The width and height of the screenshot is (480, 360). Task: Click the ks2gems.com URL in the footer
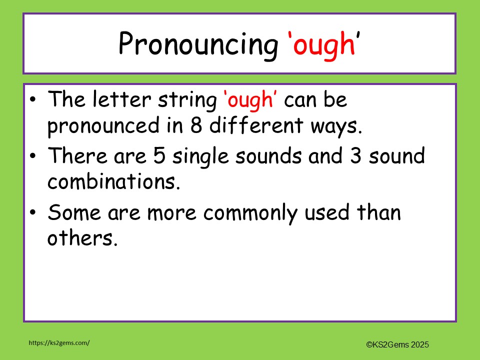click(59, 342)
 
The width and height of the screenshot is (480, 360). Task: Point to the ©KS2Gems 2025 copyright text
click(397, 344)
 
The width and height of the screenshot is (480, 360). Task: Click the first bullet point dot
click(33, 100)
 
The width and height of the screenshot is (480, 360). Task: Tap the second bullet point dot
click(33, 156)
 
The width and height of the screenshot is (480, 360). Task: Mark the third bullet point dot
click(33, 213)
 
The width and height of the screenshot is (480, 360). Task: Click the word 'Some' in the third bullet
click(71, 213)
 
